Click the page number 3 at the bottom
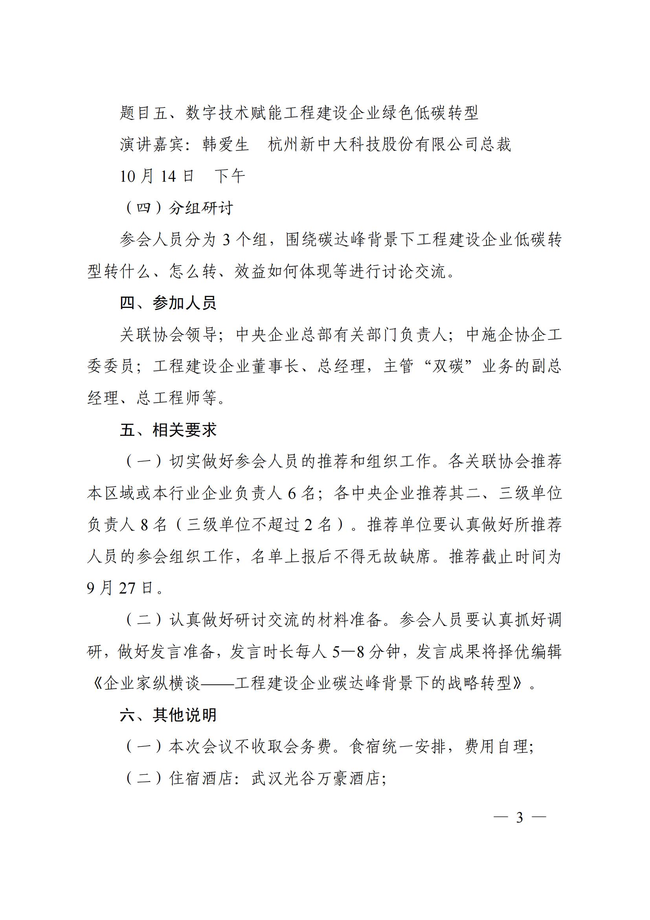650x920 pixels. coord(520,817)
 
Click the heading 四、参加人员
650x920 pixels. coord(168,303)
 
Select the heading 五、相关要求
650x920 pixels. coord(168,430)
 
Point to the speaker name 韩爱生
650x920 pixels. coord(225,145)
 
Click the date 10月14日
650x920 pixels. coord(157,176)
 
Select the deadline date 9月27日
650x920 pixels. coord(121,588)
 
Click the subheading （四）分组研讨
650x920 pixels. coord(179,208)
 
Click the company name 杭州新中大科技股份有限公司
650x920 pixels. coord(373,145)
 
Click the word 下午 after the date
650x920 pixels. coord(230,176)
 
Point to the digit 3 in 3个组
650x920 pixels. coord(226,240)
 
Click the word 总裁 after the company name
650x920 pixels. coord(496,145)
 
